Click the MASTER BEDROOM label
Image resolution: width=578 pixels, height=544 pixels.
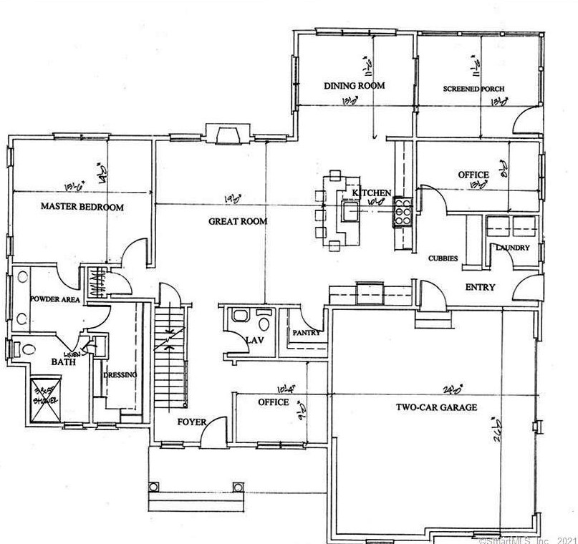coord(82,207)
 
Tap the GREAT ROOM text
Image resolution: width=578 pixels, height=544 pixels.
coord(238,221)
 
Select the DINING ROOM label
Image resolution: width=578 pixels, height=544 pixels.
coord(354,86)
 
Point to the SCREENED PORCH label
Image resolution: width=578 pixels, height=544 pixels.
coord(473,89)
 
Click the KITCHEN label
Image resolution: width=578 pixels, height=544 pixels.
coord(372,193)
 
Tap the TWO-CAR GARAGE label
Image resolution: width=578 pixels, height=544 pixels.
coord(437,407)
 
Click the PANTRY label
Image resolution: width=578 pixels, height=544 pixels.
coord(305,333)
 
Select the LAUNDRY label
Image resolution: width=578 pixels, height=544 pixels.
coord(513,248)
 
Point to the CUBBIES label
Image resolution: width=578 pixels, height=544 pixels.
coord(443,258)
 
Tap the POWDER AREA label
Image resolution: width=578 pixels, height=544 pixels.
coord(54,300)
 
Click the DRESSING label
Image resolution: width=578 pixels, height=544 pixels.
coord(120,374)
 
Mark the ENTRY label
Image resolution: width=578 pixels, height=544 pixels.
coord(480,287)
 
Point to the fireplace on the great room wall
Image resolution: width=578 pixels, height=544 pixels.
coord(228,134)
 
